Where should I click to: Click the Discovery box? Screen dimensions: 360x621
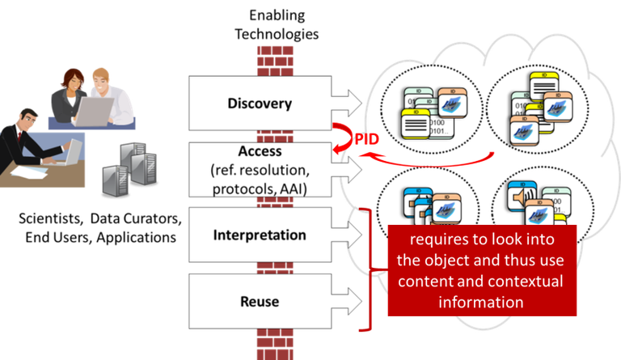(260, 104)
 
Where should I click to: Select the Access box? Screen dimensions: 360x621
(260, 169)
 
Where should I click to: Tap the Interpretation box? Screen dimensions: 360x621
(260, 235)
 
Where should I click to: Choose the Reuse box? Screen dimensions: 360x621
(260, 302)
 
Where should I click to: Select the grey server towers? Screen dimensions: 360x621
(126, 171)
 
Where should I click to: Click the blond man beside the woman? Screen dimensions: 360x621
(109, 95)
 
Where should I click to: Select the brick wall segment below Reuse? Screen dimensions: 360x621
(274, 344)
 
